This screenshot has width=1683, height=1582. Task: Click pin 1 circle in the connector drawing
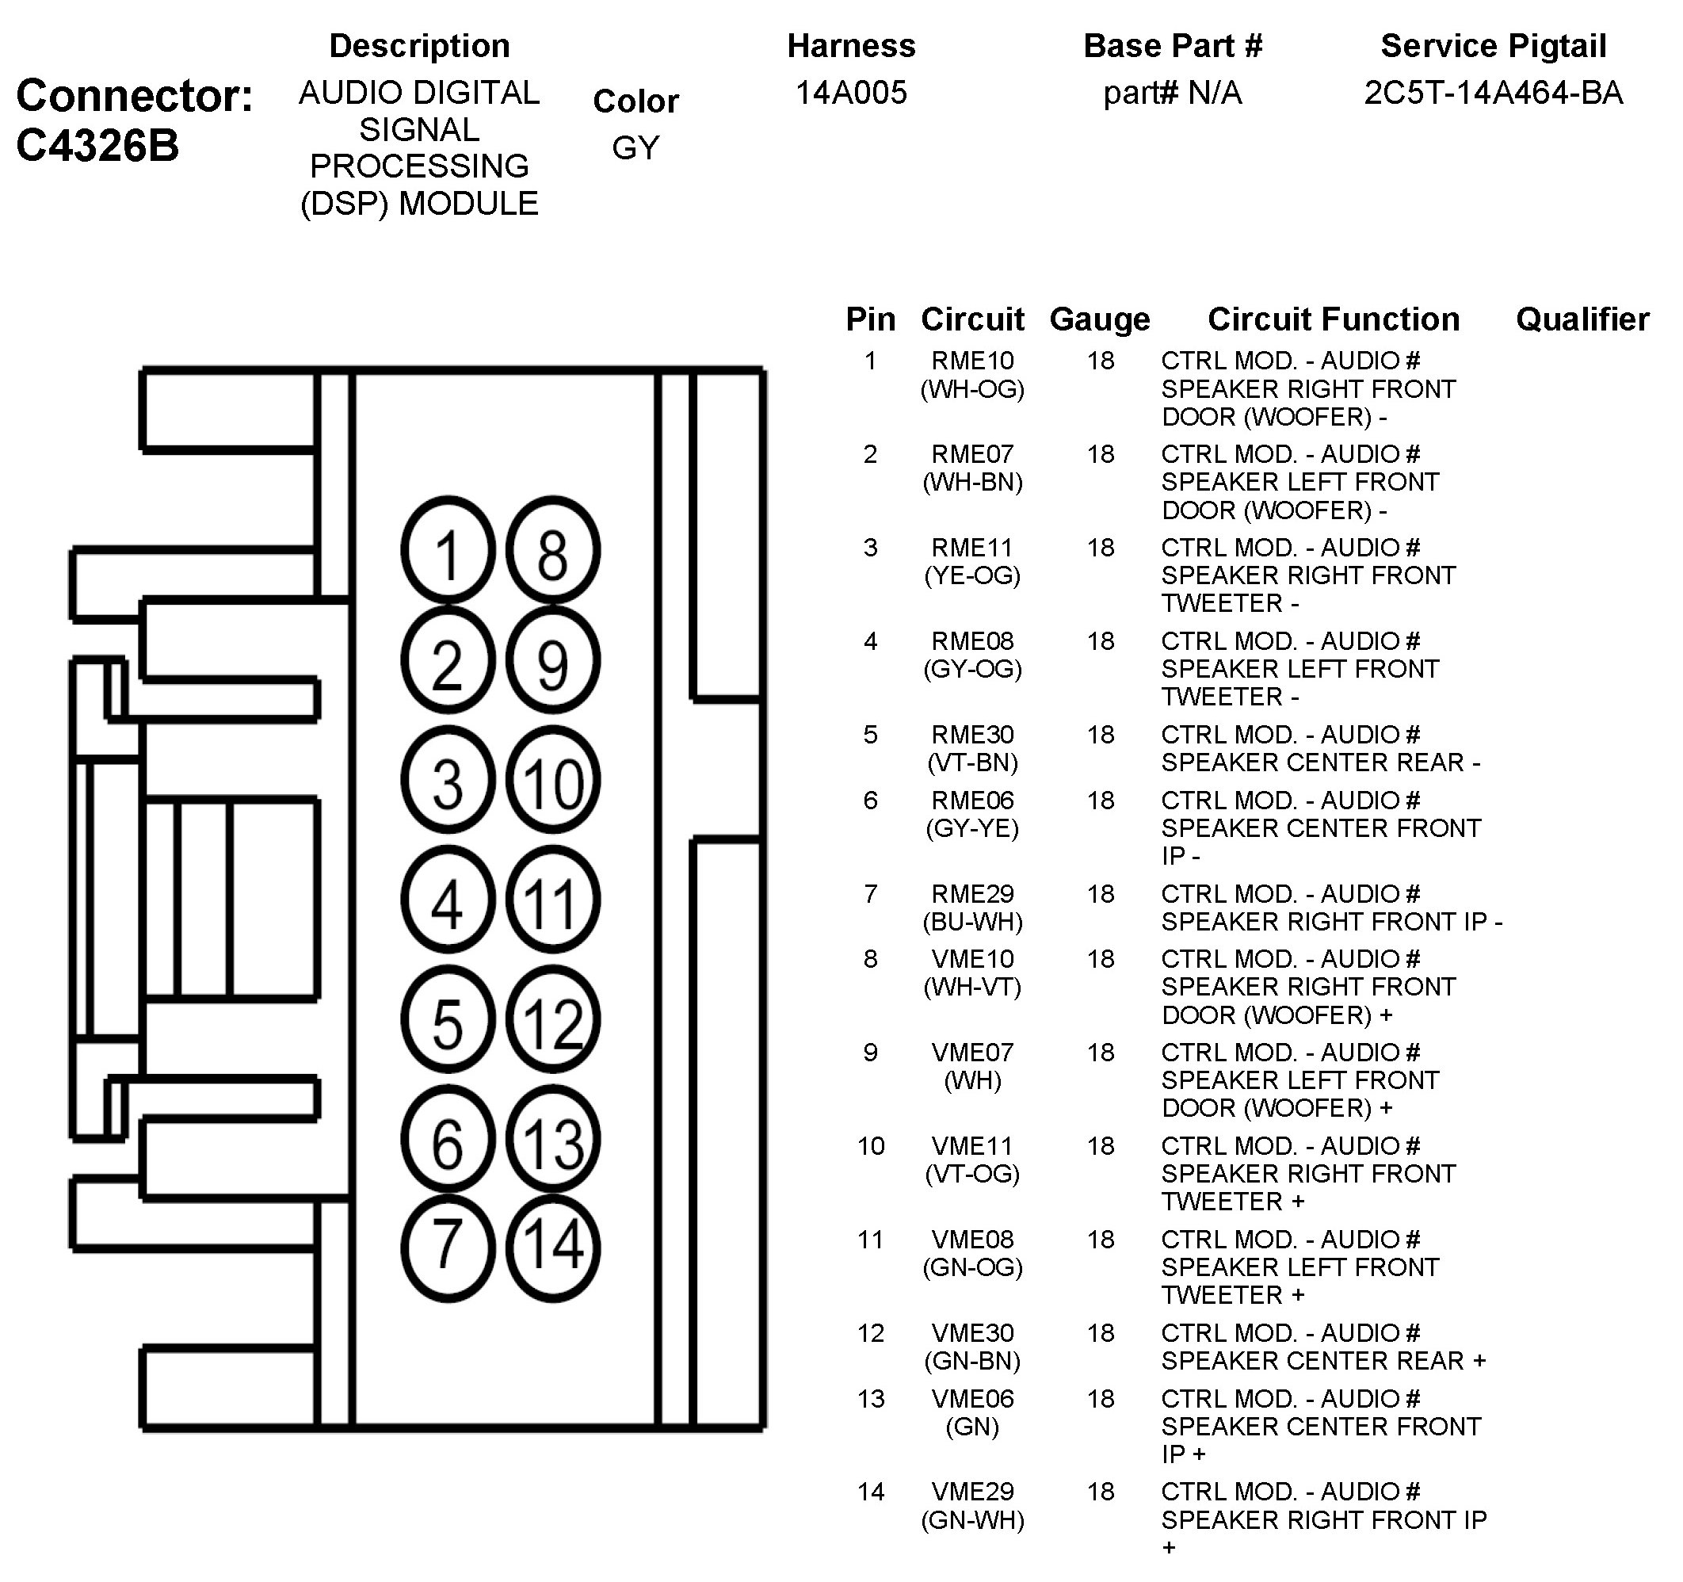click(447, 552)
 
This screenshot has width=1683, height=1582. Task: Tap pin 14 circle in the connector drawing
click(553, 1248)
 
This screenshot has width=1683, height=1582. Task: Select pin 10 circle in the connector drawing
click(553, 780)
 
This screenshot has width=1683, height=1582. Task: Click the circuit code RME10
click(972, 361)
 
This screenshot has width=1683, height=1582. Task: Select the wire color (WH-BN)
click(972, 482)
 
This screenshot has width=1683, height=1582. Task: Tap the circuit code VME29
click(972, 1492)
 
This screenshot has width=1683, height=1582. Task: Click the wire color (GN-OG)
click(972, 1267)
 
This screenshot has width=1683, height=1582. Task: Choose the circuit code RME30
click(972, 734)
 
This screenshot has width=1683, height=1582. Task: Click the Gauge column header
click(1099, 319)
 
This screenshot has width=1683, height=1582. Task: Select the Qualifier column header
click(1582, 319)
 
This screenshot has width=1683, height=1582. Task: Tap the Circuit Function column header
click(1334, 319)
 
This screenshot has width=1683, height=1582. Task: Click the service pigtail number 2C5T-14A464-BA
click(1493, 92)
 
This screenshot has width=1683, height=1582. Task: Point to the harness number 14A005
click(851, 92)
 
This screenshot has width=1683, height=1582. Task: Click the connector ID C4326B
click(97, 145)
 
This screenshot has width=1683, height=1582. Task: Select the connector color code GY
click(635, 147)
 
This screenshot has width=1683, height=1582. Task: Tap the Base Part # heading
click(1173, 46)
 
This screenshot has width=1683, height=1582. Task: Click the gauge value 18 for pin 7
click(1100, 893)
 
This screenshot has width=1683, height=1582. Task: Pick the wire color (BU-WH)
click(972, 922)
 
